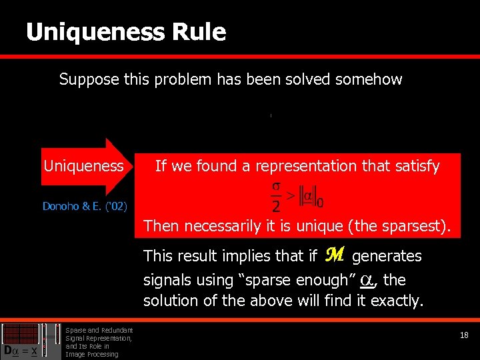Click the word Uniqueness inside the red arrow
83,166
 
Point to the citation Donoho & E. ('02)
85,206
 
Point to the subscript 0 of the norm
329,202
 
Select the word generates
387,256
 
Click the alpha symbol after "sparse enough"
366,280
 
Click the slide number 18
464,335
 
